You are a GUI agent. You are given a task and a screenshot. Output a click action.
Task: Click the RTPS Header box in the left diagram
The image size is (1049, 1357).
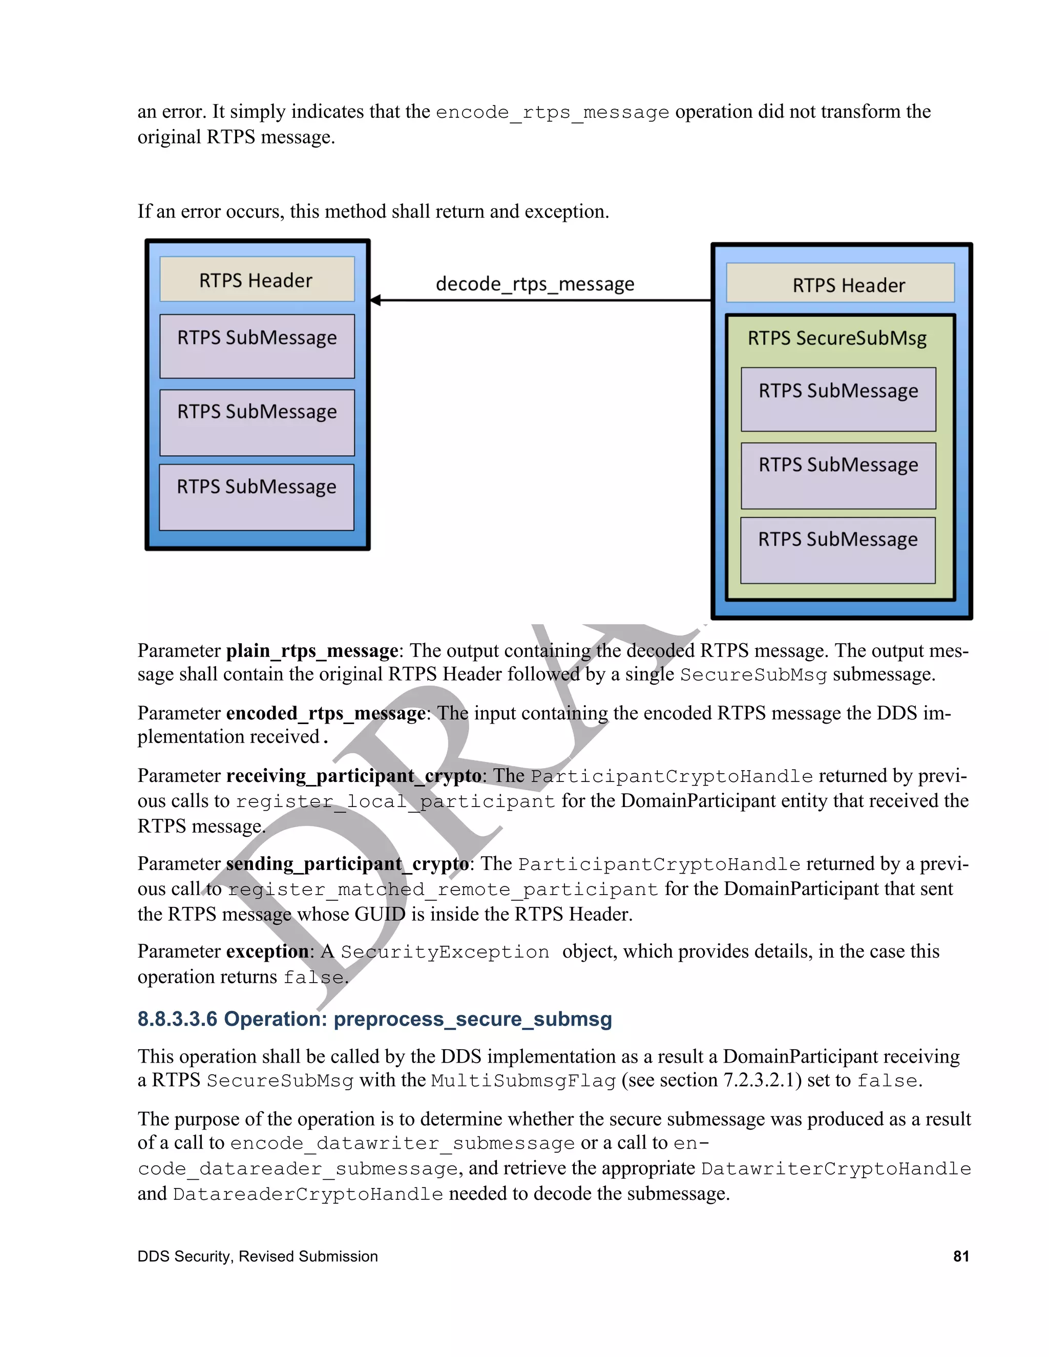pos(257,280)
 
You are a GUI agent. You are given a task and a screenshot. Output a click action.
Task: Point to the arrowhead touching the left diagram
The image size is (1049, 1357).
pos(375,301)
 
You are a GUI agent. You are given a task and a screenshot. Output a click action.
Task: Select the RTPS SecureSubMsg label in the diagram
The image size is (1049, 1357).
pos(837,338)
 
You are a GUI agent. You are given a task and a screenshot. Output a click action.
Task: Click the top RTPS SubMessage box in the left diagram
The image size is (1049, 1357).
pos(257,346)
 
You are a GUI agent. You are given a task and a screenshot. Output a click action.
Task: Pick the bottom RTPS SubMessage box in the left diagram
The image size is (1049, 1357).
pos(257,497)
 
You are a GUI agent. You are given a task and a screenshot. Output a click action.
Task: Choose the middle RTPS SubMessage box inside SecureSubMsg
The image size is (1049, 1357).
pos(838,475)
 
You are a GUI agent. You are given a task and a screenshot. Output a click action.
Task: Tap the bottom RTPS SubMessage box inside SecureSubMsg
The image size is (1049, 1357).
pos(837,550)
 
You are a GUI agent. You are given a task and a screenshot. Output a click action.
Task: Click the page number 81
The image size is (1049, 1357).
pos(961,1256)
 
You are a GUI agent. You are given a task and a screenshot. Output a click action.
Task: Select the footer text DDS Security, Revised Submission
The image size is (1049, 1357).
pos(257,1256)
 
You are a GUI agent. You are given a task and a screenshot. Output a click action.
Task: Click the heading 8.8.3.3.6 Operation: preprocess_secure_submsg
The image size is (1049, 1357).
pos(375,1020)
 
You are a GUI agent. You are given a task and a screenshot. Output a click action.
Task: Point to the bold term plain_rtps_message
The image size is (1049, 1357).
pos(312,650)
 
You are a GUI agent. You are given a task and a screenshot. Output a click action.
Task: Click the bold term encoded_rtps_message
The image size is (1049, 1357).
pos(326,713)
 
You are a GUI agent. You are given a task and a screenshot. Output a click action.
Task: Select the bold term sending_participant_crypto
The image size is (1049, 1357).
pos(347,864)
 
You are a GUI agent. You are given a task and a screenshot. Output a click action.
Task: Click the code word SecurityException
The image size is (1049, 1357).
pos(445,952)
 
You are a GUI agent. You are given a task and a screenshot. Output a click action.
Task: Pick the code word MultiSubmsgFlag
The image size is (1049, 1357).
pos(523,1081)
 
